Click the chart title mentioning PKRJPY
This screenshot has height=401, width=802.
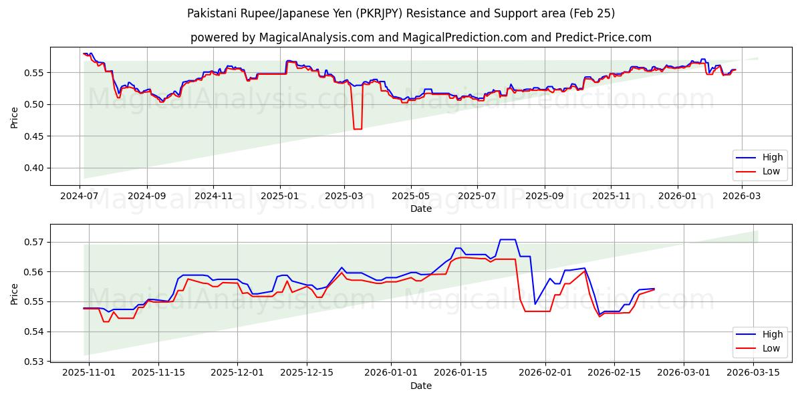click(401, 13)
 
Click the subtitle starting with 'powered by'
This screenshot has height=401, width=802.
click(421, 37)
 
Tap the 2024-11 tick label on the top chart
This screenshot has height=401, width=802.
click(213, 195)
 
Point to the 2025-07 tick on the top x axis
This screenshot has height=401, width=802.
click(477, 195)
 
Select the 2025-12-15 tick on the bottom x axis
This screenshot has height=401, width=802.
click(306, 372)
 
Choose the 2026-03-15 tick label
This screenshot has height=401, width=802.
click(753, 372)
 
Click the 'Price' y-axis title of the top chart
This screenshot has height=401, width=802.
click(15, 118)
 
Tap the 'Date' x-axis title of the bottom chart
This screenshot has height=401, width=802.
click(421, 386)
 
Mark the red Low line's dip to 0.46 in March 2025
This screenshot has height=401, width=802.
click(358, 128)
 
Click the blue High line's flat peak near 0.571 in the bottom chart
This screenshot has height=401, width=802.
click(507, 239)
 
